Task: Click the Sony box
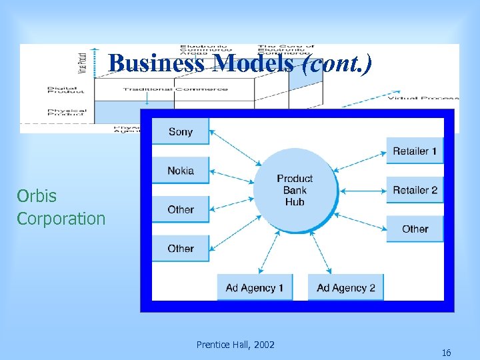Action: click(181, 131)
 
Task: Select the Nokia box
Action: click(181, 171)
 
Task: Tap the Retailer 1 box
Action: click(415, 151)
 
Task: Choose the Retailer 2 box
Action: click(415, 190)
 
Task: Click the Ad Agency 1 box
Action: click(255, 287)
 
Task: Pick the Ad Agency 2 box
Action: click(345, 287)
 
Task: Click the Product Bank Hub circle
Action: click(295, 190)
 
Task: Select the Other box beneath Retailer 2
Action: click(415, 229)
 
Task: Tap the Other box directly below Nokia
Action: click(181, 209)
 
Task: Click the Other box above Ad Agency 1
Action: click(181, 248)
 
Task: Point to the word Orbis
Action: click(37, 196)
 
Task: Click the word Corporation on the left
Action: click(61, 219)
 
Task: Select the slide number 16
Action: click(446, 353)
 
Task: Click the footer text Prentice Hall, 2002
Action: click(235, 345)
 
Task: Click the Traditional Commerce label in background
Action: click(175, 89)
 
